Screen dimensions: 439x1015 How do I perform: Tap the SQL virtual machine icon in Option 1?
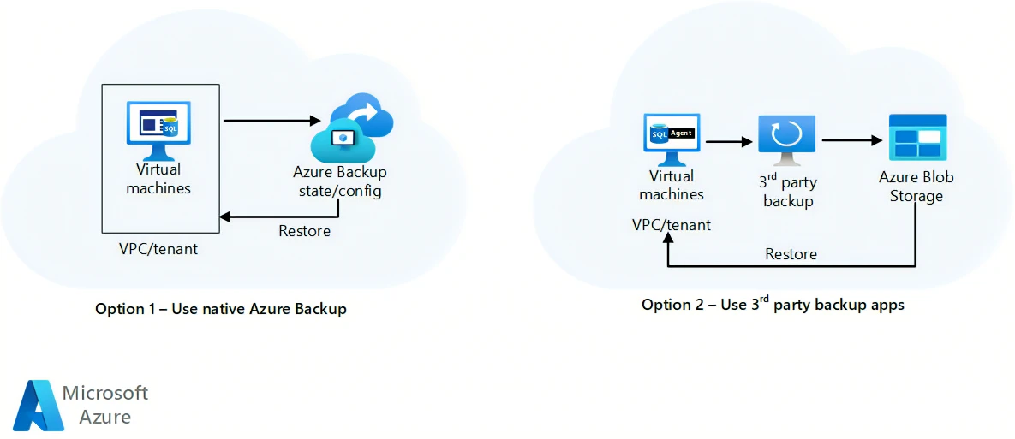point(158,129)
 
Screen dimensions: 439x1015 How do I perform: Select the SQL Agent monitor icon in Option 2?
point(672,138)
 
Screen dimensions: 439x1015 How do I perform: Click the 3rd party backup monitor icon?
point(786,139)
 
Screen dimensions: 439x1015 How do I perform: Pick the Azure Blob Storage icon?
point(917,137)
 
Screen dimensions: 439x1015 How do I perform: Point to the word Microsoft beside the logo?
point(105,393)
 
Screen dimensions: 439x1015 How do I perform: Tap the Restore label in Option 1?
point(304,231)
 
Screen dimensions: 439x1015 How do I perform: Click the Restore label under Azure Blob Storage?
point(791,254)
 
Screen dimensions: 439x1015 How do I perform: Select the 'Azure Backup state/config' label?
point(340,181)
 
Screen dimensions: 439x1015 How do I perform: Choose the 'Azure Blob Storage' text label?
point(916,187)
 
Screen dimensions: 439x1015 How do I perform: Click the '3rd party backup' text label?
point(788,192)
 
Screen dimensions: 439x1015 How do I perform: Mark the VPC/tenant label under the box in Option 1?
point(158,249)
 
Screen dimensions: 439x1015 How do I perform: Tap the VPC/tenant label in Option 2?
point(672,225)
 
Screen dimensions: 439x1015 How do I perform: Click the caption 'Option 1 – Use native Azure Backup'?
point(221,309)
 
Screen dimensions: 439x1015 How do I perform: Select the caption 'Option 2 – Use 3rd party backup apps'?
point(773,305)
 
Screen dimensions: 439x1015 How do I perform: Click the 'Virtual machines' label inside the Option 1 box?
point(158,179)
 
